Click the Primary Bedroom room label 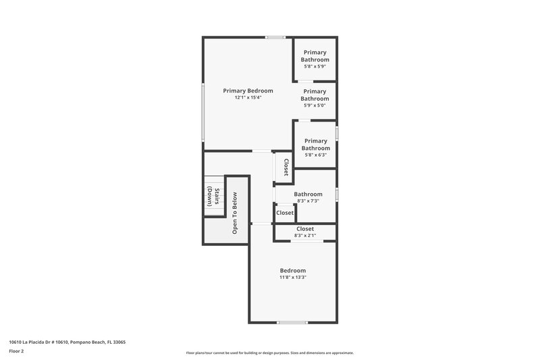248,91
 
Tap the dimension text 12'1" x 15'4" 248,98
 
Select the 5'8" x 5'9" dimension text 315,67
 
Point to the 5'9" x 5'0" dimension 315,105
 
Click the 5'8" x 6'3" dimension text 315,155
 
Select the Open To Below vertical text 235,214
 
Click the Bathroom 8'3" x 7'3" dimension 307,201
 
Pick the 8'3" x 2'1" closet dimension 305,236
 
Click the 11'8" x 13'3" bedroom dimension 293,277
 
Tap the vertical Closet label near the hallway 286,168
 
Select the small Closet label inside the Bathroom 285,213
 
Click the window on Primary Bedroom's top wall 274,37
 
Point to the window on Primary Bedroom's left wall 202,111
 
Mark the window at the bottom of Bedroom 292,322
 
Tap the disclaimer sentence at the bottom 269,353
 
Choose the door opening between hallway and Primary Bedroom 262,151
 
